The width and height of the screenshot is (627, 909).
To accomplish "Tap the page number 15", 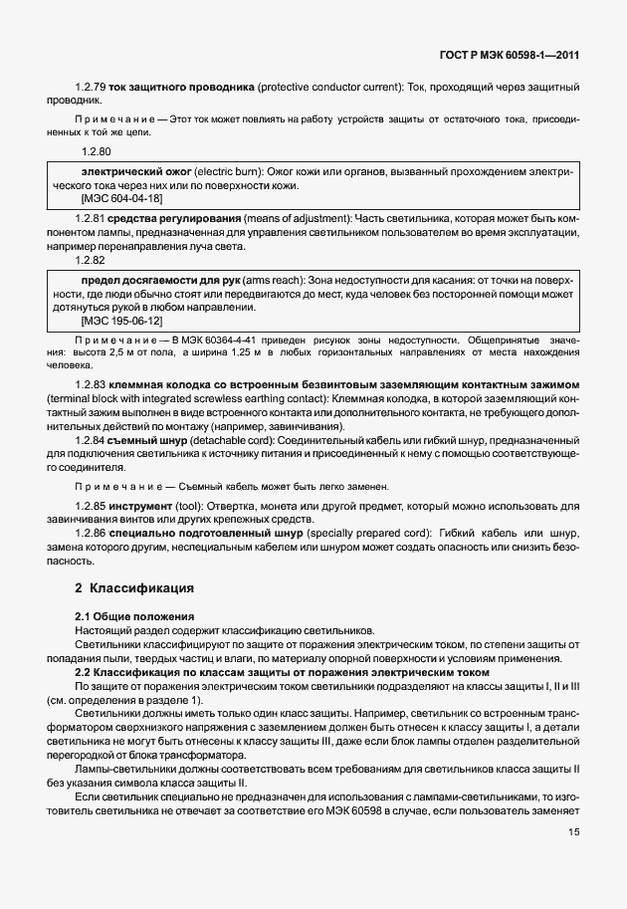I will pos(573,832).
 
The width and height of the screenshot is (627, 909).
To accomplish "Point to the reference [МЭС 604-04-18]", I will pos(121,198).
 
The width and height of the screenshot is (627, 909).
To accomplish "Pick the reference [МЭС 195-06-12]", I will pos(121,322).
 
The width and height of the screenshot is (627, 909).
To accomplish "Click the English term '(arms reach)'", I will pos(279,282).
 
